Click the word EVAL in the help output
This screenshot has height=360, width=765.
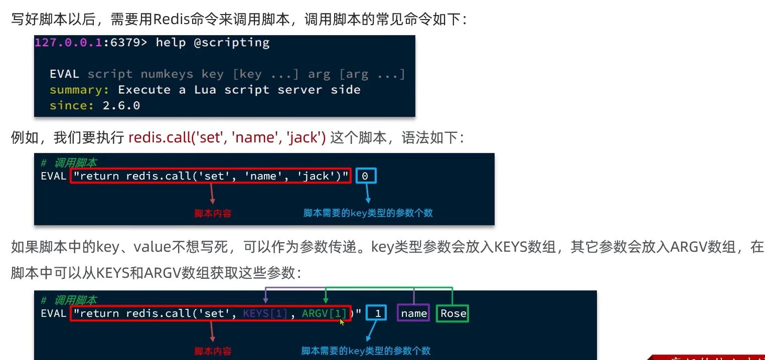pyautogui.click(x=64, y=74)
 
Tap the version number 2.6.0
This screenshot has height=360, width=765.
pyautogui.click(x=121, y=105)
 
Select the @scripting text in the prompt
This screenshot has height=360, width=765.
pyautogui.click(x=232, y=43)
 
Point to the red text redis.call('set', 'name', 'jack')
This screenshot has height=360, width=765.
pyautogui.click(x=227, y=137)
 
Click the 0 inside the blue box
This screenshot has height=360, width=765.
pyautogui.click(x=365, y=176)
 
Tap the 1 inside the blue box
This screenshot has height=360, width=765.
pyautogui.click(x=378, y=313)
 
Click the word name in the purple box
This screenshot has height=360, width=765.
pyautogui.click(x=414, y=313)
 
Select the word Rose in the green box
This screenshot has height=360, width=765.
pyautogui.click(x=453, y=313)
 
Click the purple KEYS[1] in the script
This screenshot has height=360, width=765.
pyautogui.click(x=265, y=313)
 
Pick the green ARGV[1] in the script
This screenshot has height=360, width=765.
pyautogui.click(x=324, y=313)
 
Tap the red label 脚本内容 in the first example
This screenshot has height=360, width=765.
pyautogui.click(x=213, y=213)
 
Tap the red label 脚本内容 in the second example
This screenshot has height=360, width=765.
pyautogui.click(x=213, y=351)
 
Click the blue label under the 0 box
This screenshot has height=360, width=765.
pyautogui.click(x=368, y=213)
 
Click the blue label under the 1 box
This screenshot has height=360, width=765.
pyautogui.click(x=366, y=351)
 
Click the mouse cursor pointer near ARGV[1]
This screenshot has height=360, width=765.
pyautogui.click(x=342, y=321)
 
